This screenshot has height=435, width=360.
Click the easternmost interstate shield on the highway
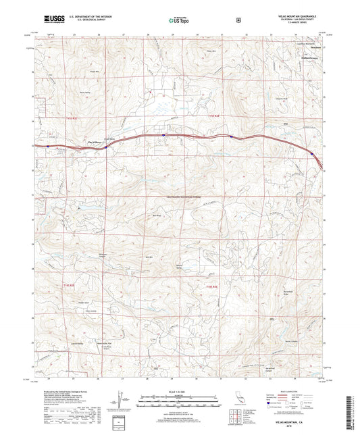click(x=312, y=154)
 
